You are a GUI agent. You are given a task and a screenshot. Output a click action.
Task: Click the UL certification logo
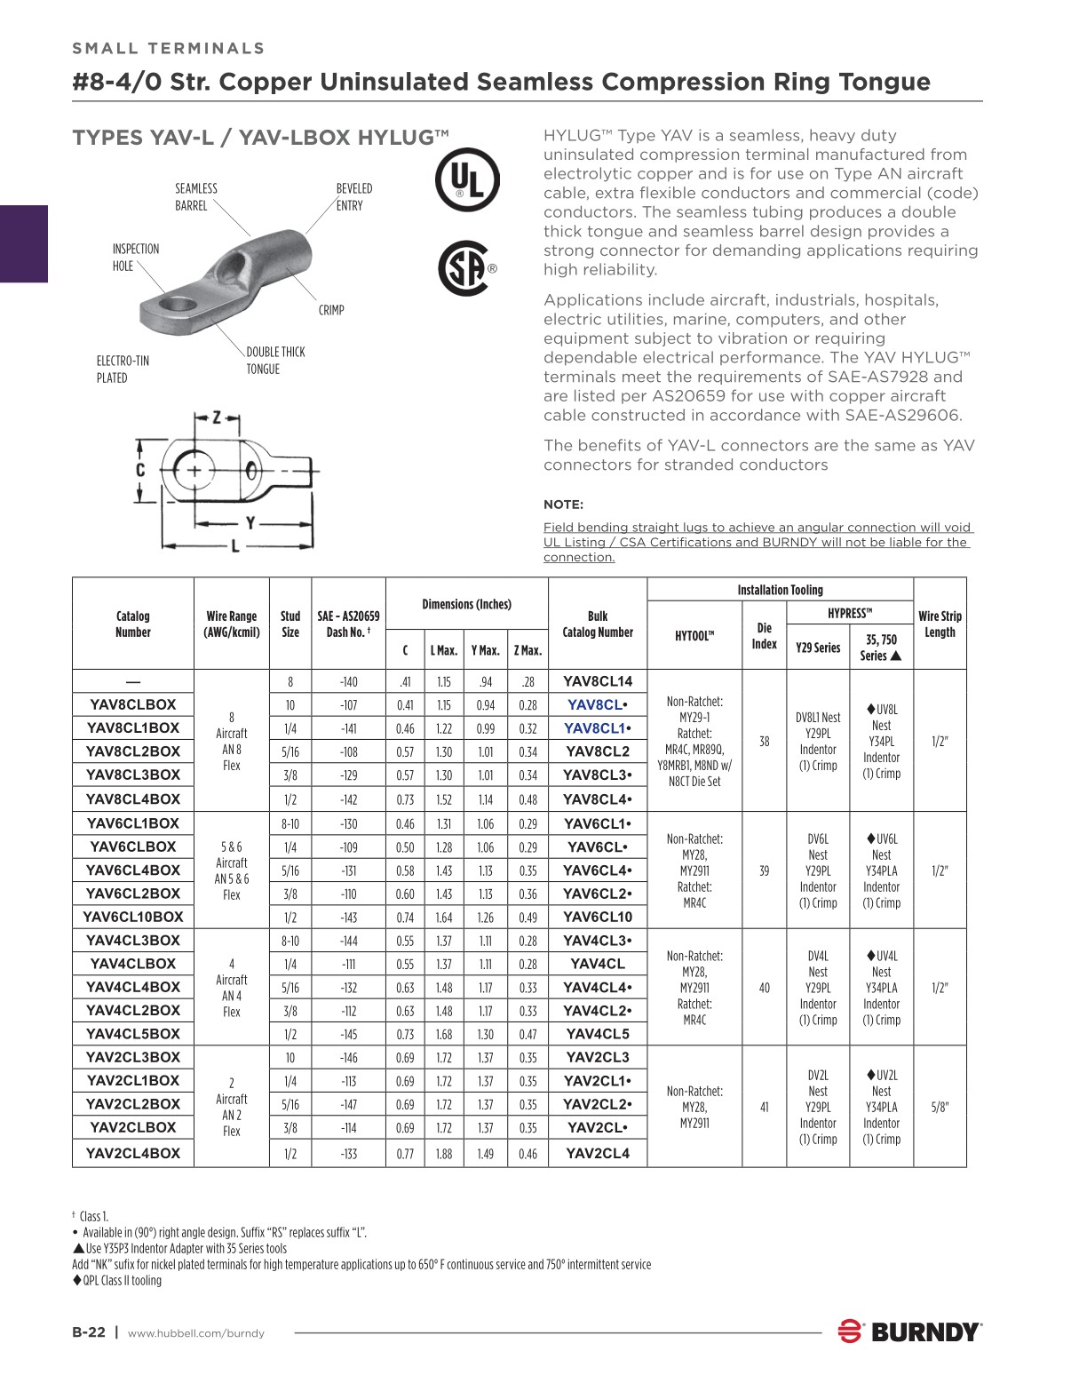466,180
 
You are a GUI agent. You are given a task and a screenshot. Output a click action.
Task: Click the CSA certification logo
464,268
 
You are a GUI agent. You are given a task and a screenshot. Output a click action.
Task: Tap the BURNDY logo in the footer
909,1331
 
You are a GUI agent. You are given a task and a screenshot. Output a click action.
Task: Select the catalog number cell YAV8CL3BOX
133,775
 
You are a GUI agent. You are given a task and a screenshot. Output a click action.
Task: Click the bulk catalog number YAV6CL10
598,917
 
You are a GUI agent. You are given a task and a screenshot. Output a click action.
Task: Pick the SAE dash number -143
348,918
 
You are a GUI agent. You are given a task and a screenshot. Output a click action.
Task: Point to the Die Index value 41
764,1107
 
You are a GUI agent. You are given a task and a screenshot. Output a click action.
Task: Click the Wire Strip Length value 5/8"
940,1107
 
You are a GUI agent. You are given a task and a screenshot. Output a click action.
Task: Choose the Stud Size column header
290,624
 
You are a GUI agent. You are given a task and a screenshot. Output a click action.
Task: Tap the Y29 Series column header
818,648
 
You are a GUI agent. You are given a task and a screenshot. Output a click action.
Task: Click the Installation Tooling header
780,590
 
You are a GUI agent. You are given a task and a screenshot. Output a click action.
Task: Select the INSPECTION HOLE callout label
136,258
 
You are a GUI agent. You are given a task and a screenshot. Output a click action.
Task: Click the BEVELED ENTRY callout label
353,196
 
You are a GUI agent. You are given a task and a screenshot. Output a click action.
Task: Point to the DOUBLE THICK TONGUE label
275,361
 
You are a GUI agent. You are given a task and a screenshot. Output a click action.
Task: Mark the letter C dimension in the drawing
140,470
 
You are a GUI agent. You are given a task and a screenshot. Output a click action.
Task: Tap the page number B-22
89,1332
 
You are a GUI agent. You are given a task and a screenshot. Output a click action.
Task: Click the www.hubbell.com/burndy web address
196,1333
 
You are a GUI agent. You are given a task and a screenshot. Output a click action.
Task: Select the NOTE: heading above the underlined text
563,505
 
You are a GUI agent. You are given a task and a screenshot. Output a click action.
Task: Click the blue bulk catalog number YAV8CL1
593,728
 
